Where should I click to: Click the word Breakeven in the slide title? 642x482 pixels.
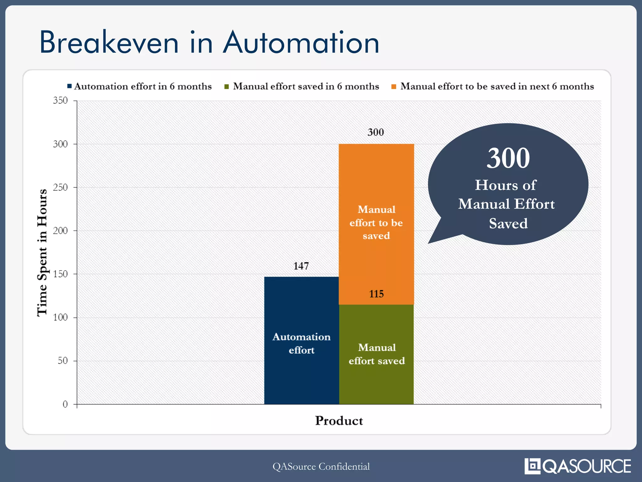pos(109,42)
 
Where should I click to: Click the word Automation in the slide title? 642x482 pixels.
pos(301,42)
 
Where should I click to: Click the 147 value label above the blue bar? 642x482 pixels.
pos(301,266)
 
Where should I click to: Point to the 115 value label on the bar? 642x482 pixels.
pos(376,294)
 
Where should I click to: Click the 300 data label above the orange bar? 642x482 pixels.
pos(376,132)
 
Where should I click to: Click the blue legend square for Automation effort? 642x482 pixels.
pos(70,86)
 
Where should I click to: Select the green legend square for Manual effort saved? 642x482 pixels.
pos(227,86)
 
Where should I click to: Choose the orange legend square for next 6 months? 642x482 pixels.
pos(394,86)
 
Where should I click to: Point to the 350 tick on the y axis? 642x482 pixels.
pos(60,100)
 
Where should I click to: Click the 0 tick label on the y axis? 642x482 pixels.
pos(65,404)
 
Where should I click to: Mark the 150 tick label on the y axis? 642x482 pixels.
pos(60,274)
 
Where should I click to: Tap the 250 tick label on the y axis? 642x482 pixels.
pos(60,187)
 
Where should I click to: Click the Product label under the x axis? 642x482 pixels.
pos(339,420)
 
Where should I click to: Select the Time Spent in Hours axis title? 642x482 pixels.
pos(42,253)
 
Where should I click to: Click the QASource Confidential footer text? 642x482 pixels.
pos(321,466)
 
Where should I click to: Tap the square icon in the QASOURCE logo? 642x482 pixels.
pos(532,466)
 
